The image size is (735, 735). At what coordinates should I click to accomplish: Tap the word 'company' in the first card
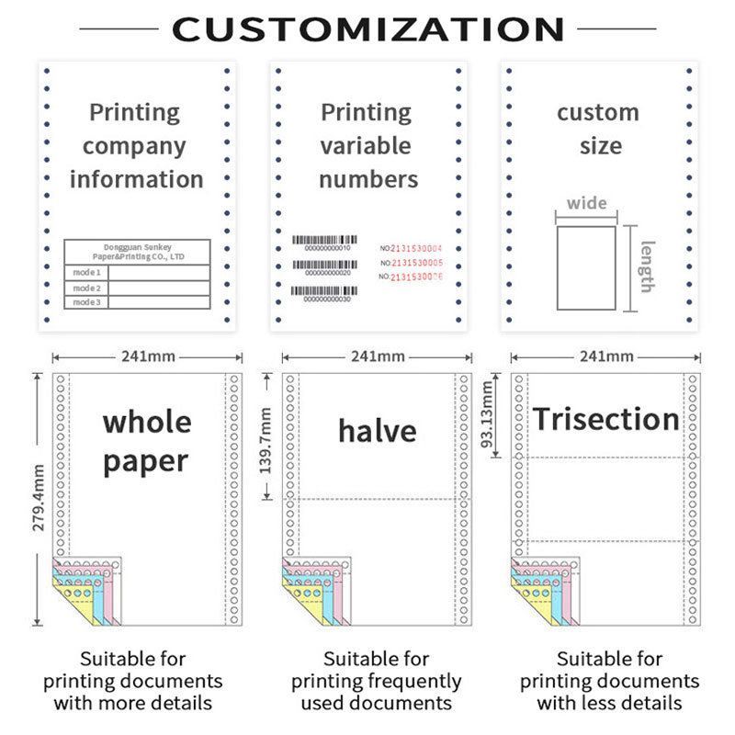coord(134,146)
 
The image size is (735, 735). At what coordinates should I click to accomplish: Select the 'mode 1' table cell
coord(86,273)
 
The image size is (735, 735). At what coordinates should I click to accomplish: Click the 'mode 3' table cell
coord(86,302)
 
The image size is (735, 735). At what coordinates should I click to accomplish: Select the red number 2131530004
coord(416,248)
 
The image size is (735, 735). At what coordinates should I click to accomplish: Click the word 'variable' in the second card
coord(366,146)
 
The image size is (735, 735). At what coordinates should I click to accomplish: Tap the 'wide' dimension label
coord(586,204)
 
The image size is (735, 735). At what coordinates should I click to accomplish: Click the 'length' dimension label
coord(647,266)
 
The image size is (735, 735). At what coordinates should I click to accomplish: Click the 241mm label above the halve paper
coord(377,356)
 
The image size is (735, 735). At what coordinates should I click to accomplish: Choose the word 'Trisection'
coord(606,420)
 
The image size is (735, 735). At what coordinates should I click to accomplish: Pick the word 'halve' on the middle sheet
coord(377,430)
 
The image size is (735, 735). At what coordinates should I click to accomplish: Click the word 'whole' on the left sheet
coord(147,423)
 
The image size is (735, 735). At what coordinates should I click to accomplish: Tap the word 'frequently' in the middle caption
coord(415,681)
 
